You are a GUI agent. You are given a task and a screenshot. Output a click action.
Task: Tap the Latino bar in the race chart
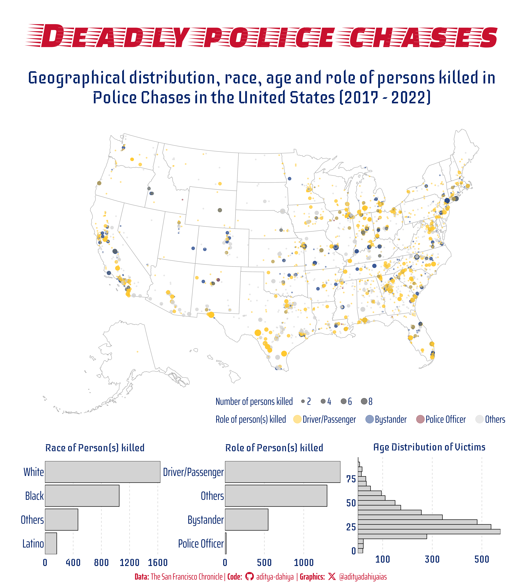click(x=51, y=543)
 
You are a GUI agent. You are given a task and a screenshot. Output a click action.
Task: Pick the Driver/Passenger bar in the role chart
click(x=282, y=472)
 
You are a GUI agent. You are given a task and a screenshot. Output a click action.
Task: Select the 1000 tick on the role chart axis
click(x=304, y=563)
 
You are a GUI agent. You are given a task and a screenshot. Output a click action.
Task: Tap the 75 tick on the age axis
click(x=351, y=479)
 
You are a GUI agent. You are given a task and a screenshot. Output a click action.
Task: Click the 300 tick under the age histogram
click(x=432, y=559)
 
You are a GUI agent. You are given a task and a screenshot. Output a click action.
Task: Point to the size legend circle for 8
click(x=364, y=401)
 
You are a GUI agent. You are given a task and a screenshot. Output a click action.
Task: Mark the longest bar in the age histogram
click(x=429, y=532)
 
